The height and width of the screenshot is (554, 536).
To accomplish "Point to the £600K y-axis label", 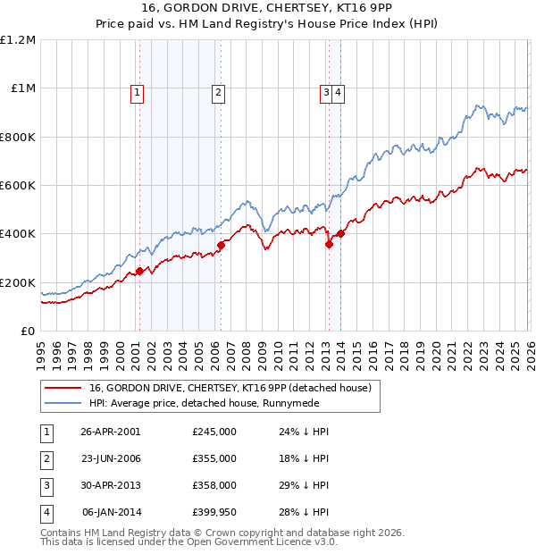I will [18, 186].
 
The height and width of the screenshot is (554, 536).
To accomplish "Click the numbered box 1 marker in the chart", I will [137, 90].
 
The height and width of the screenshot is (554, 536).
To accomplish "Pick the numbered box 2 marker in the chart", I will [218, 90].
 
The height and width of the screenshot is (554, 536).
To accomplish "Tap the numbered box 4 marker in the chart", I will [339, 90].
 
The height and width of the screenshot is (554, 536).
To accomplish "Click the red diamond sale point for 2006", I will [221, 245].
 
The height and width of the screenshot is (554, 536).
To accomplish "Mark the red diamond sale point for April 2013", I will [329, 244].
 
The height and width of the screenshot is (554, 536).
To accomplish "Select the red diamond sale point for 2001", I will [139, 272].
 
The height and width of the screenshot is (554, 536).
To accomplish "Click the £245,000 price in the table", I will [214, 432].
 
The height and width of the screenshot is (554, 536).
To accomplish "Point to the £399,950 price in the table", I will [214, 512].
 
